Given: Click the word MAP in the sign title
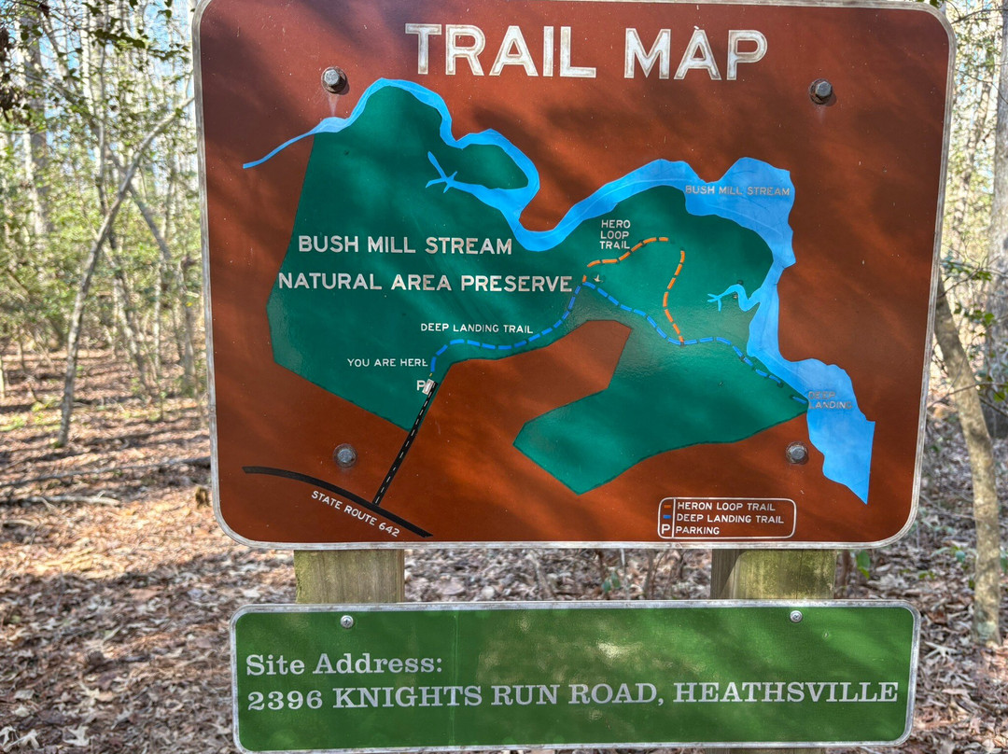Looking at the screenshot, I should [x=694, y=53].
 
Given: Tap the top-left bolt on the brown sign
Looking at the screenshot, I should [x=333, y=78].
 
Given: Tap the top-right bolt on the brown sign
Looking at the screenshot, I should [x=820, y=91].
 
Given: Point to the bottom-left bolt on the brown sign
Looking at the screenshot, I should [x=345, y=455].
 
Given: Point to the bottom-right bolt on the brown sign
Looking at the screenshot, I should [x=796, y=453].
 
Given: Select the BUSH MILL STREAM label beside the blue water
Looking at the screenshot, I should [x=737, y=190].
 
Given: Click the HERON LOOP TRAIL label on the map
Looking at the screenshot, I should [x=615, y=234].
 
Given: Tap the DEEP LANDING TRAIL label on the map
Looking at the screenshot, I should [x=477, y=328].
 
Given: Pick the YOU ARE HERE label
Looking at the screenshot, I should [x=387, y=362].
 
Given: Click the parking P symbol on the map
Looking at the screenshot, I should [x=422, y=385].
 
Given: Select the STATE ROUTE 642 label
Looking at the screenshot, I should [x=356, y=513].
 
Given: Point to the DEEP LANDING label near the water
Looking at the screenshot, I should [x=829, y=399].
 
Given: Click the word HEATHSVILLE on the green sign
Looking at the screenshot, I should [x=786, y=692].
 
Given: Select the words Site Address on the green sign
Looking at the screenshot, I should [x=343, y=663].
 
